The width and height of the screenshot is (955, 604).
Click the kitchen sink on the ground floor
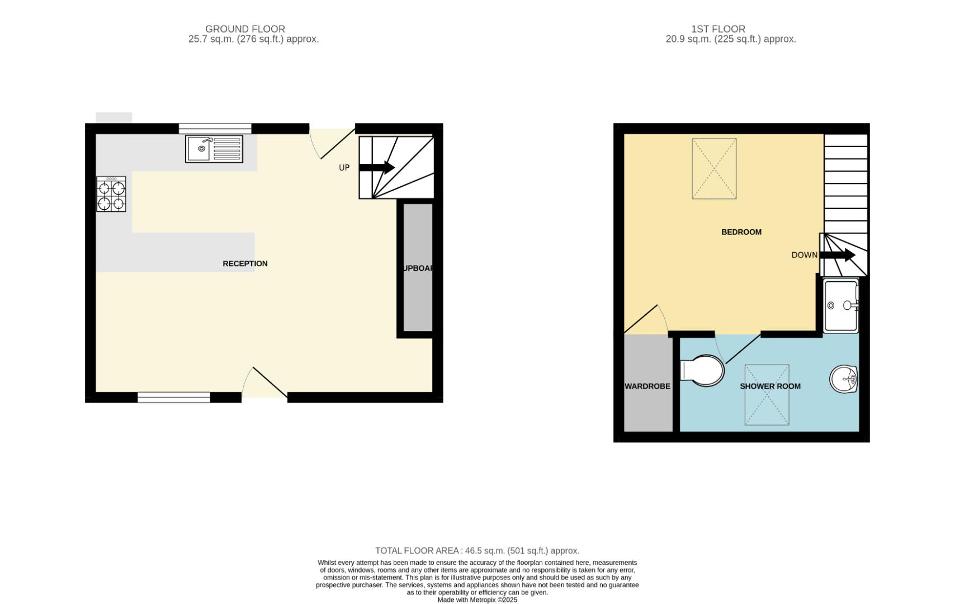pos(214,149)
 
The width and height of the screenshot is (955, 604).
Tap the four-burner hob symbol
pos(111,194)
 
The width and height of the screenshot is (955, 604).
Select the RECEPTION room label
pos(245,263)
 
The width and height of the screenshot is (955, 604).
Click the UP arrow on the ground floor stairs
pos(377,167)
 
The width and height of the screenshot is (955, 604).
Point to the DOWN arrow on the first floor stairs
pos(838,255)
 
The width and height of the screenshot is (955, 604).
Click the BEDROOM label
pos(741,232)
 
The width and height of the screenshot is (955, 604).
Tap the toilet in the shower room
pos(702,370)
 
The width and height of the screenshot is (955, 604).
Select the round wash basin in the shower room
pos(843,379)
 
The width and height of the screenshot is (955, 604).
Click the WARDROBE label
pos(647,386)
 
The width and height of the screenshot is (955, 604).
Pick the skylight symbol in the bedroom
pos(714,168)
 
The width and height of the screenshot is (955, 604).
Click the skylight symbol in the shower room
pos(767,395)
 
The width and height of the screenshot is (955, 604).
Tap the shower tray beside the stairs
pos(841,305)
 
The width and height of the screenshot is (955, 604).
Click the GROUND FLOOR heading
pos(245,29)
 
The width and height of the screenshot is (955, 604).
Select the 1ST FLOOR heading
pos(718,29)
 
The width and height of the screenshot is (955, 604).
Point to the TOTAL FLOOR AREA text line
pos(477,551)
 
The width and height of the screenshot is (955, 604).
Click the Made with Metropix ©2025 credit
pos(477,600)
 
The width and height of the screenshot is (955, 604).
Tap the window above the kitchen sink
pos(215,129)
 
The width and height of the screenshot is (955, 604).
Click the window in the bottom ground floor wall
pos(174,397)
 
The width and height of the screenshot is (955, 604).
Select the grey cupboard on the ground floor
pos(418,267)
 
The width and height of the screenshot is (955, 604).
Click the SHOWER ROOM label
pos(770,386)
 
